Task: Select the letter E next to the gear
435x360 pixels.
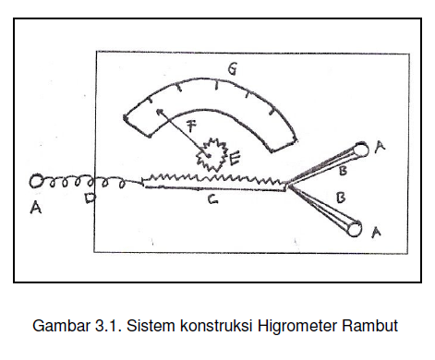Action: point(236,159)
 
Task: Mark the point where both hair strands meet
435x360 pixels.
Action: point(289,186)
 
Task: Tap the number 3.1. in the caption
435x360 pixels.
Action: point(107,326)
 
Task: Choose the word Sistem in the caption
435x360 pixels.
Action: point(151,326)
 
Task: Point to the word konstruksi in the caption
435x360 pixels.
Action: point(213,326)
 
